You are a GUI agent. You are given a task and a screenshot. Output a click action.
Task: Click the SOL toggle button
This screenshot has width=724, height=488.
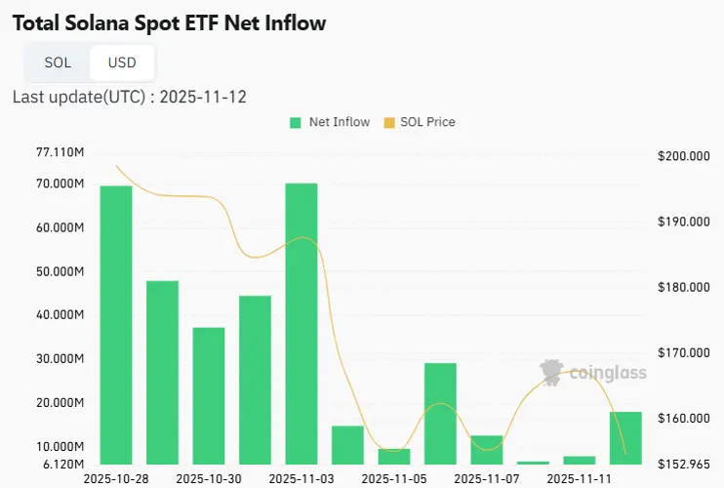[x=58, y=62]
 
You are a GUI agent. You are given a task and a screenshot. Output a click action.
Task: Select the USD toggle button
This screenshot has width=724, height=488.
[x=122, y=62]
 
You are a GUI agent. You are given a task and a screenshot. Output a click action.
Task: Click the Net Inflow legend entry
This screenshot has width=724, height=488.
[x=330, y=122]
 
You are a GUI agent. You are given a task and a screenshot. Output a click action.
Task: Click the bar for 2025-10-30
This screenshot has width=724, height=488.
[x=209, y=395]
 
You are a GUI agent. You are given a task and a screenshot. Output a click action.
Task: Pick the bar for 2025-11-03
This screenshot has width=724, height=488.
[x=301, y=323]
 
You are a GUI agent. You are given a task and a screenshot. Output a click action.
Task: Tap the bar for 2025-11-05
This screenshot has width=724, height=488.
[x=393, y=456]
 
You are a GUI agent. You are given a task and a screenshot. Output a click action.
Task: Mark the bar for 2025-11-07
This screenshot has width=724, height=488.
[x=486, y=449]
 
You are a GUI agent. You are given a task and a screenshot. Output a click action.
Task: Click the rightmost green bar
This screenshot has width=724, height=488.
[x=625, y=437]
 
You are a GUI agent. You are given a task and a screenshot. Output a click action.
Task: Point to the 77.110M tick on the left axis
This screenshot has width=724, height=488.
[x=59, y=152]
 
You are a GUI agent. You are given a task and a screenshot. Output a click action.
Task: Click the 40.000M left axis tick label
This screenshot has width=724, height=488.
[x=59, y=315]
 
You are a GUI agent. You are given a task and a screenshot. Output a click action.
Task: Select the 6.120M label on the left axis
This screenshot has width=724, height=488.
[x=60, y=464]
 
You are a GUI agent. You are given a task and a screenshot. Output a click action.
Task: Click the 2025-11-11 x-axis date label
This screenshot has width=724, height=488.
[x=578, y=479]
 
